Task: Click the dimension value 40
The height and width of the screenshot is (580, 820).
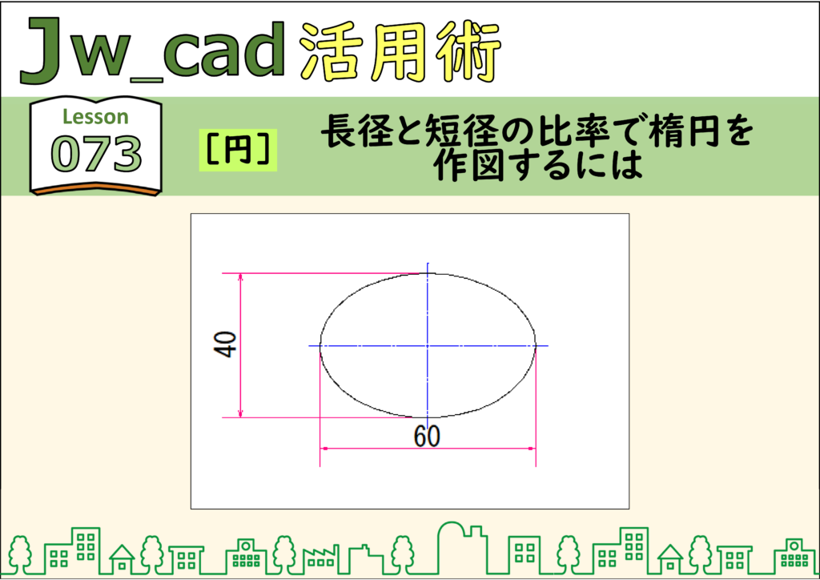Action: (x=225, y=344)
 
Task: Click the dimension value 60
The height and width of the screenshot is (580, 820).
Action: (x=427, y=436)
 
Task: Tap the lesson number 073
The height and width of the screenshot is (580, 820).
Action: (x=96, y=153)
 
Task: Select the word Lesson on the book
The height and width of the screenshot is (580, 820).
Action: (x=95, y=117)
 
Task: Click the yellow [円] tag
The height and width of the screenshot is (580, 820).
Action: (x=238, y=150)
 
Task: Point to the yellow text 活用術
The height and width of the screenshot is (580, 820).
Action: (x=400, y=52)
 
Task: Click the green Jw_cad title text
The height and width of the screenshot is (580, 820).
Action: (x=153, y=50)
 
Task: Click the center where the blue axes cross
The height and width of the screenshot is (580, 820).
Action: (x=428, y=346)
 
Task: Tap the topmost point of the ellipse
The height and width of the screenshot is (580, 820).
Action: (x=428, y=273)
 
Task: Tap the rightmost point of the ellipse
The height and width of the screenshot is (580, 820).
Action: (x=536, y=346)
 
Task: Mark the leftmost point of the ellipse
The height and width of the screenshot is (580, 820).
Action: (x=320, y=346)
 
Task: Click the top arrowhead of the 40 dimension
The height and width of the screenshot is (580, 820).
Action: (x=240, y=276)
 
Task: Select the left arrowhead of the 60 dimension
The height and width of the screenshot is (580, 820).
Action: (x=324, y=449)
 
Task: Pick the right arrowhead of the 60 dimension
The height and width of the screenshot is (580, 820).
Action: (x=532, y=449)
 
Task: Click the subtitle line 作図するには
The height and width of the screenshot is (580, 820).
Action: (x=537, y=166)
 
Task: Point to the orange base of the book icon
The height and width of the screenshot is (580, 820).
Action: (x=96, y=189)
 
